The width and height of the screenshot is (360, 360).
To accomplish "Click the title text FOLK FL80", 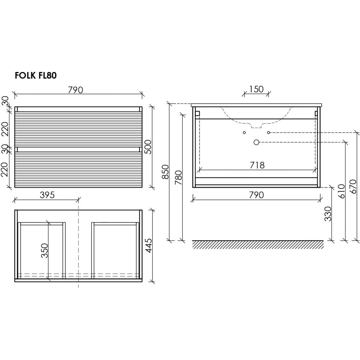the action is (36, 76).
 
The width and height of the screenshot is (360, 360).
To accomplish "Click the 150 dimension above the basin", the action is (256, 89).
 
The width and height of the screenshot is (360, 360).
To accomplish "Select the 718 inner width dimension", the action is (257, 165).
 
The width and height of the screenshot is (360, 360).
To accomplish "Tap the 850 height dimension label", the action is (165, 172).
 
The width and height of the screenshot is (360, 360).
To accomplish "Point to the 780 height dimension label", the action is (179, 177).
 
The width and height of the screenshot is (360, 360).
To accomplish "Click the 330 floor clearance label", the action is (328, 214).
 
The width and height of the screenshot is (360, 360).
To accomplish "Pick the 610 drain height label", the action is (341, 191).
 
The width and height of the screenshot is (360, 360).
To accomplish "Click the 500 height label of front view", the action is (148, 147).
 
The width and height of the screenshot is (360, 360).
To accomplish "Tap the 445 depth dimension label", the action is (149, 246).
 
